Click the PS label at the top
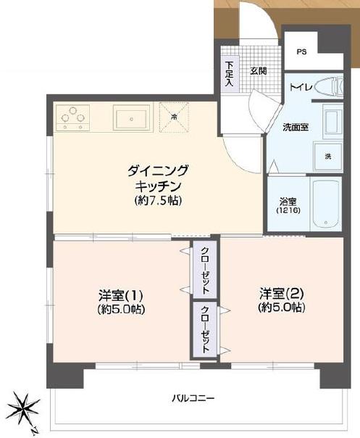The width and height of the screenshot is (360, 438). click(x=301, y=52)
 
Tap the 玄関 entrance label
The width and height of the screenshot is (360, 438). click(x=259, y=70)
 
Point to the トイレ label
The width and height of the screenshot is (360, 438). click(x=301, y=88)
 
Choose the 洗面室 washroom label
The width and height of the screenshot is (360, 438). click(x=296, y=128)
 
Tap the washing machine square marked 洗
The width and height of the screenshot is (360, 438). click(x=327, y=157)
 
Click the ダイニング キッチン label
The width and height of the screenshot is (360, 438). click(x=157, y=178)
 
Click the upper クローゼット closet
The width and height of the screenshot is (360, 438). click(x=206, y=270)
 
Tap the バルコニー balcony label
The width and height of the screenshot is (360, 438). click(x=193, y=398)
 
